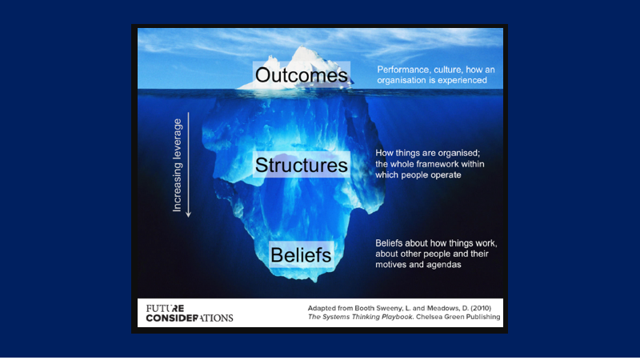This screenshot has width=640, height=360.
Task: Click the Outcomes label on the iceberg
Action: point(302,74)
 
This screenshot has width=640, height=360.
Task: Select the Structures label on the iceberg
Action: point(302,165)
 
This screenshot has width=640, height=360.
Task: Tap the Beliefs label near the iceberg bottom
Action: point(301,255)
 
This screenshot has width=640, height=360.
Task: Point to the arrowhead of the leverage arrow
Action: point(188,214)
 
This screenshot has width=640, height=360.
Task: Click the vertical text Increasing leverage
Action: point(177,165)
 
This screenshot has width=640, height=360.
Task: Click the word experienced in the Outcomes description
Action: point(462,81)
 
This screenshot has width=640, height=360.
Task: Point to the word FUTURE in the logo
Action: point(166,308)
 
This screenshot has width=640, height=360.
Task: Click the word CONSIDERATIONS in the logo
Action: point(190,318)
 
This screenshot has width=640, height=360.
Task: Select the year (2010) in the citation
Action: point(481,308)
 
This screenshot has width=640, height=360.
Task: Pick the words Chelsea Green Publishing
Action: point(458,317)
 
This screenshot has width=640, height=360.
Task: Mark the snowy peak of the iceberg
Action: point(302,50)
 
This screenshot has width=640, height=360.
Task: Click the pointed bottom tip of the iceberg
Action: point(314,281)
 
